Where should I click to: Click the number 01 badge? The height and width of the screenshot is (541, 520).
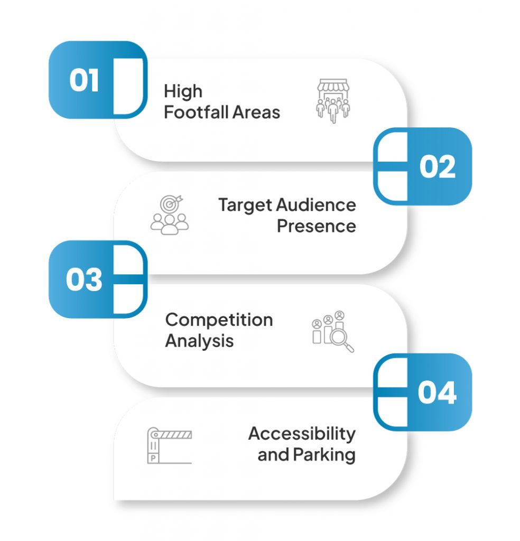(85, 81)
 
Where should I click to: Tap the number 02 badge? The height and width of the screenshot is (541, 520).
(437, 166)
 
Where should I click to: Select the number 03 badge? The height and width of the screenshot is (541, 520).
(84, 279)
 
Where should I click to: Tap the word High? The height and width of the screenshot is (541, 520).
(183, 91)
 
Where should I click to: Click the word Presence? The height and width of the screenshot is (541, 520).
(316, 226)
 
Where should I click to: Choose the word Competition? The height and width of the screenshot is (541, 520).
(219, 320)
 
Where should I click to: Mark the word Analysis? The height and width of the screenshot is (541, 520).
(199, 341)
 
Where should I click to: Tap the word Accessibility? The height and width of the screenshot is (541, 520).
(302, 434)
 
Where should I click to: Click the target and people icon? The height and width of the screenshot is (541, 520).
(169, 214)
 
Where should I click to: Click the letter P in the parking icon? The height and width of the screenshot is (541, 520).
(153, 458)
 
